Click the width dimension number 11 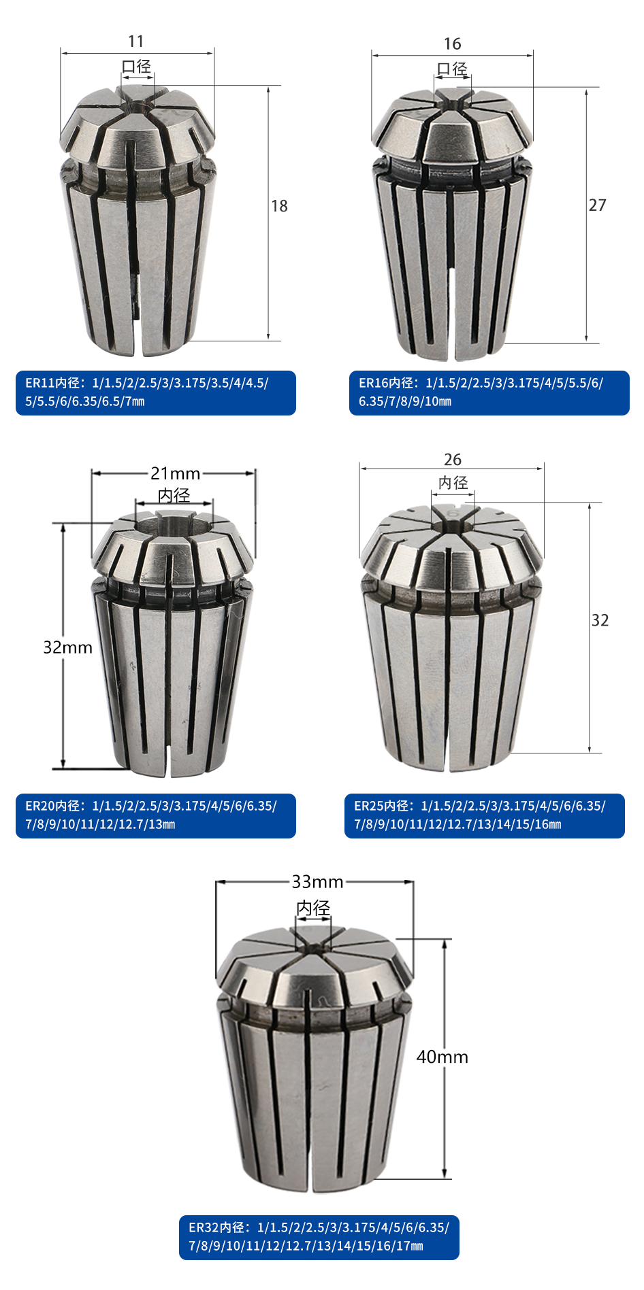(136, 41)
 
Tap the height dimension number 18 (279, 206)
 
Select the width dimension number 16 (453, 44)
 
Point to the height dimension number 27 (597, 205)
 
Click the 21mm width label (176, 473)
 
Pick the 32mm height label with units (67, 647)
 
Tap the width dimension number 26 (453, 460)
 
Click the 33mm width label (317, 882)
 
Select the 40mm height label (442, 1057)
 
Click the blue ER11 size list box (156, 393)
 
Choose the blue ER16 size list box (489, 393)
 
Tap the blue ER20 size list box (156, 816)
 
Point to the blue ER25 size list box (485, 816)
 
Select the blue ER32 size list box (319, 1238)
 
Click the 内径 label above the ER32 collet (313, 908)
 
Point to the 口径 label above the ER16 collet (452, 69)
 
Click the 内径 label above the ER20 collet (174, 495)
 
